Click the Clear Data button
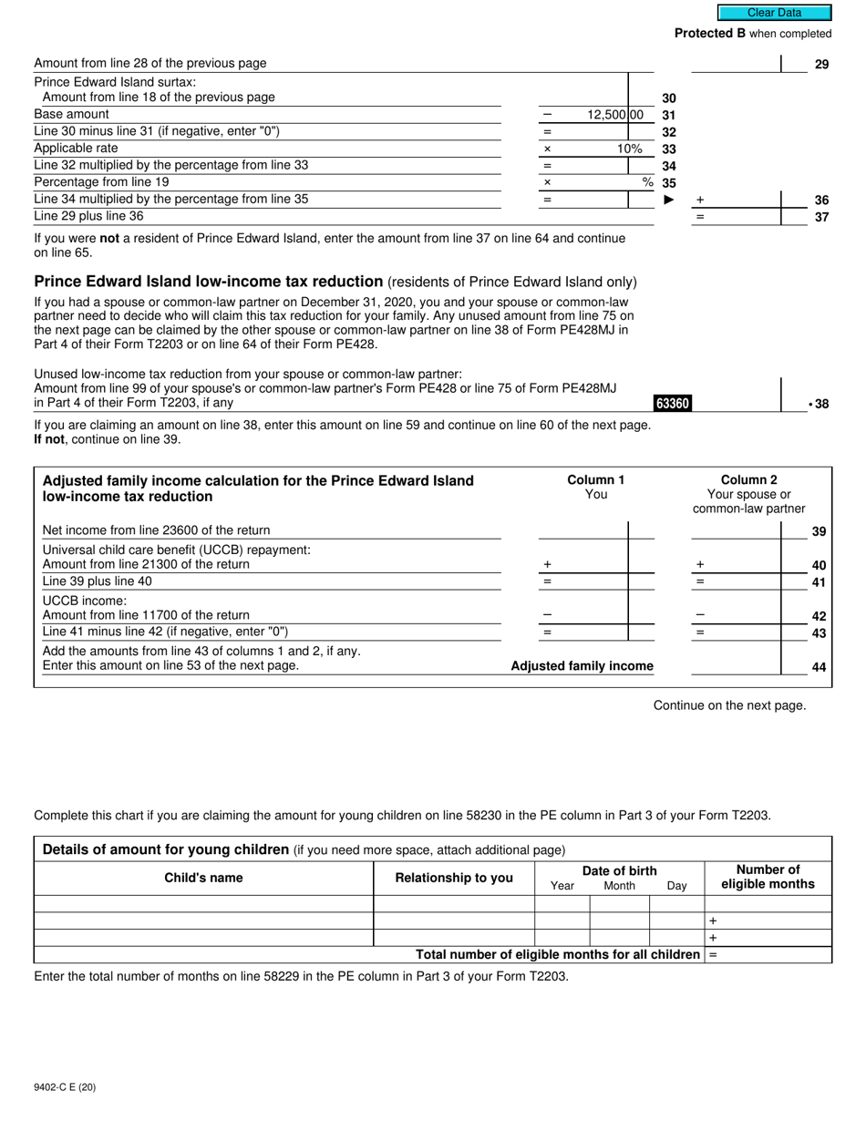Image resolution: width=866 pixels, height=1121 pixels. [x=774, y=13]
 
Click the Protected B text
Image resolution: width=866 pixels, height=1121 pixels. [x=709, y=34]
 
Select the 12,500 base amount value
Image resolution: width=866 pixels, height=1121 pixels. [x=608, y=115]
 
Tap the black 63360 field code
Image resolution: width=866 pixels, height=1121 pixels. [x=672, y=404]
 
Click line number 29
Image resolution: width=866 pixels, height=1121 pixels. [x=821, y=65]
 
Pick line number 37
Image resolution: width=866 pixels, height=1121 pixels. [x=821, y=217]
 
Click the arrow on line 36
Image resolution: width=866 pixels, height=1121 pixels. [x=669, y=200]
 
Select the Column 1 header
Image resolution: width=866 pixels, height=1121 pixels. [x=595, y=480]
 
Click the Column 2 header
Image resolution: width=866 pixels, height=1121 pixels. [x=748, y=480]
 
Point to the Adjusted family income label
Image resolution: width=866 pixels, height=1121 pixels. [x=582, y=666]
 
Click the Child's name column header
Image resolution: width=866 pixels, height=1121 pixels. [x=203, y=878]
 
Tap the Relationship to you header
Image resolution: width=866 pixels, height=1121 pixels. [x=454, y=878]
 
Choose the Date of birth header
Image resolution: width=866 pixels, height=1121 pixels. [x=619, y=870]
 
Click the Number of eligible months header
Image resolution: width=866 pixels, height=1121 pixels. [x=768, y=877]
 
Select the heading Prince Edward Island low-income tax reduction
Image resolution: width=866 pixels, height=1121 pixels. [x=208, y=282]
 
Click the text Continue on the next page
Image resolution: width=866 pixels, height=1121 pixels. [x=729, y=705]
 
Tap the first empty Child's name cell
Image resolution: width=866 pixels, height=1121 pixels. [x=203, y=904]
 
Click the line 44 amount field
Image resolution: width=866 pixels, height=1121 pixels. [x=736, y=666]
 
